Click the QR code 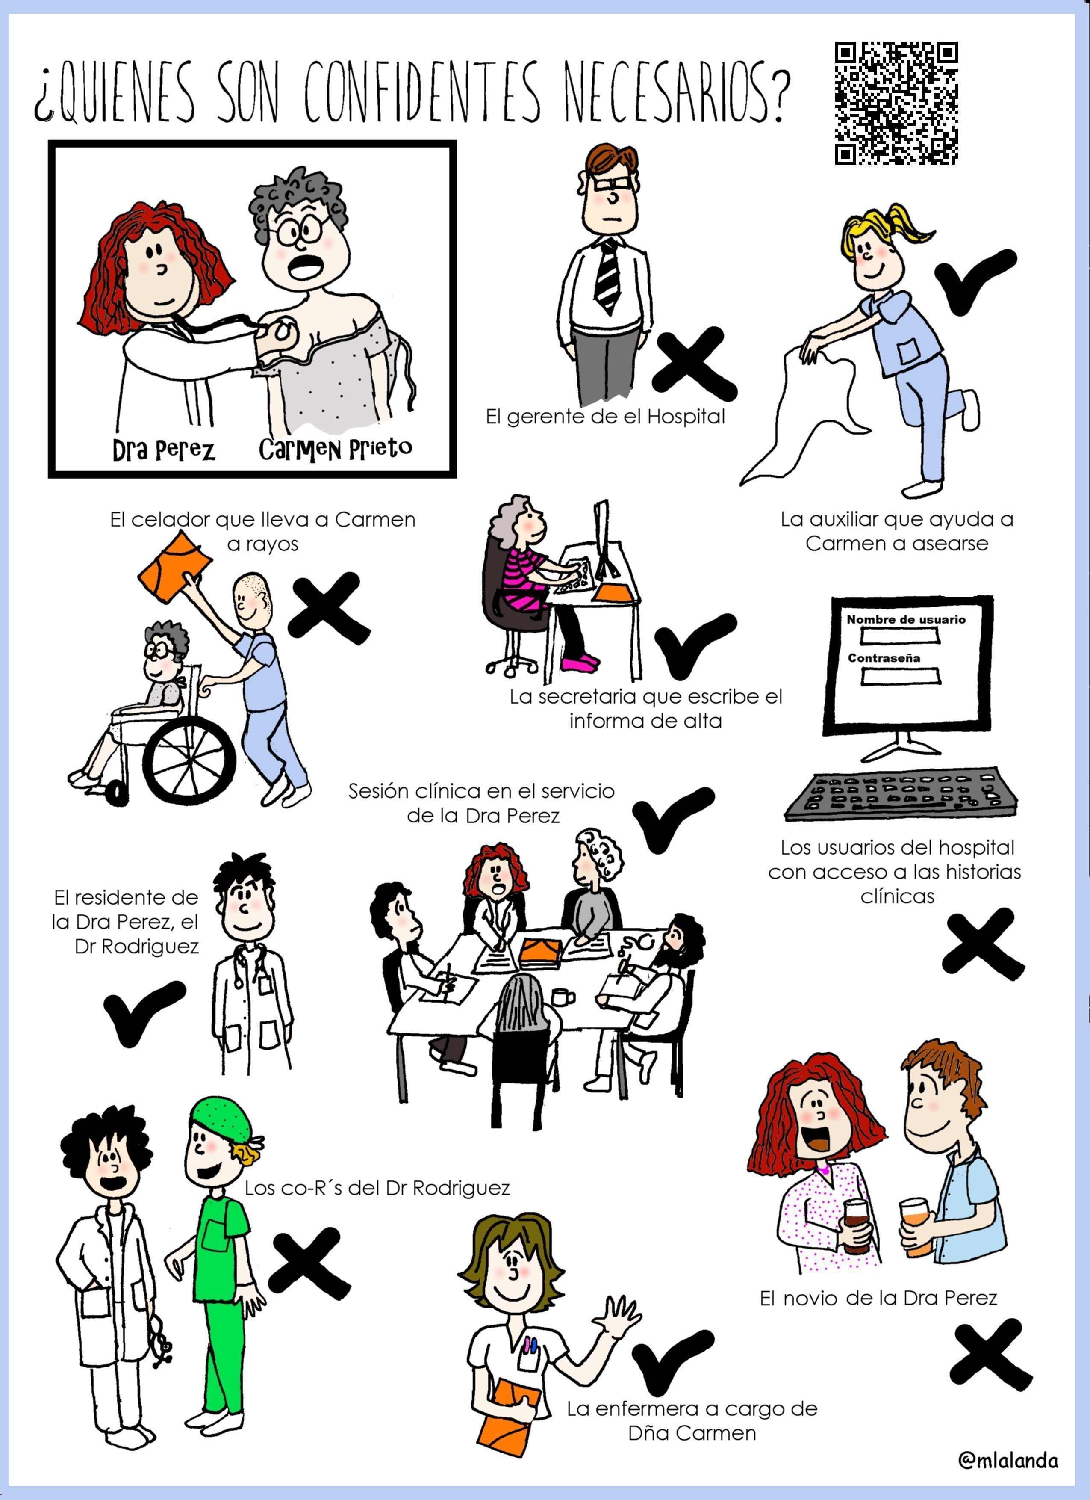pyautogui.click(x=896, y=103)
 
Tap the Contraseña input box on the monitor pyautogui.click(x=900, y=676)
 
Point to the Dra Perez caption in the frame pyautogui.click(x=163, y=449)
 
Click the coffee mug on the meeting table pyautogui.click(x=563, y=996)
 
